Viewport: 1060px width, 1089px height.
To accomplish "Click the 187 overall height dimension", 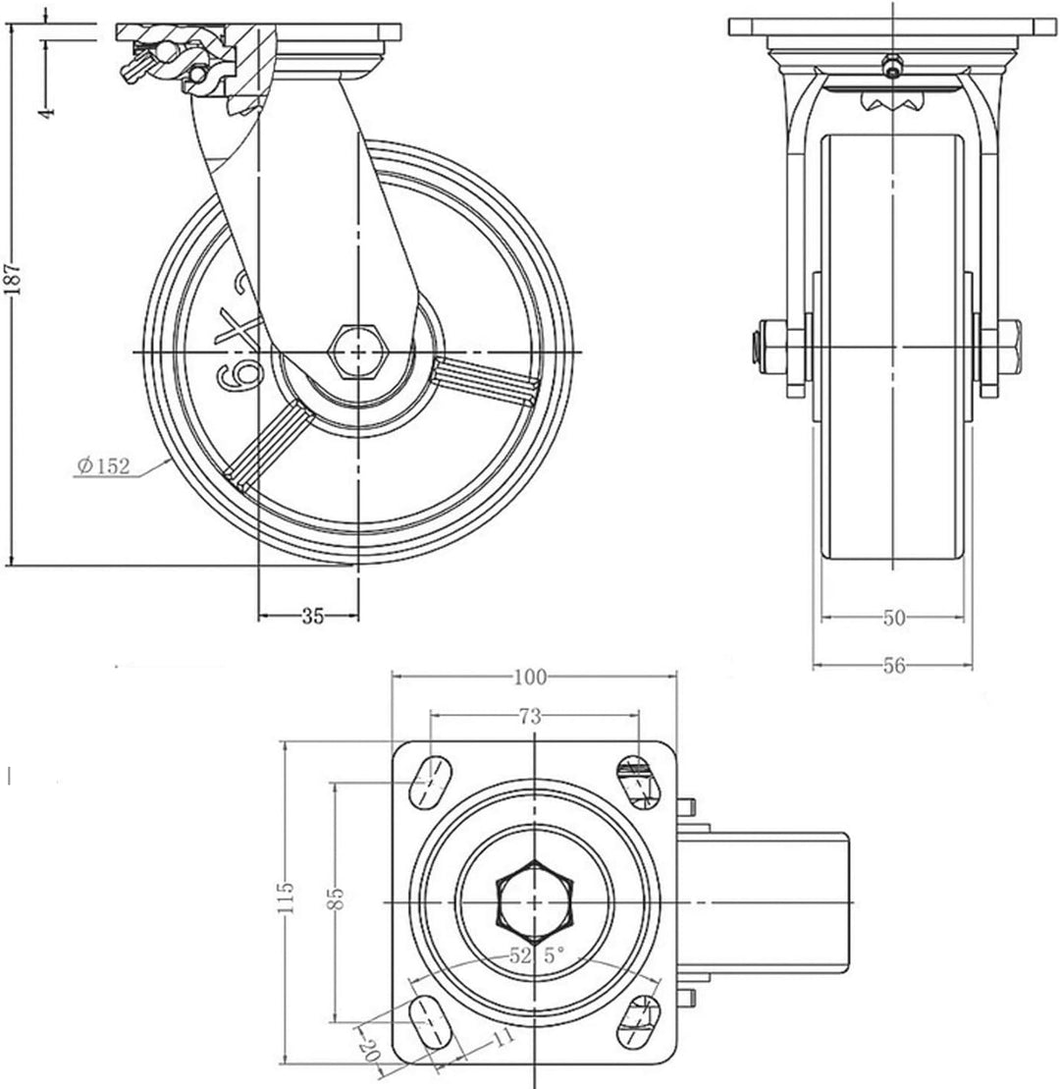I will tap(12, 281).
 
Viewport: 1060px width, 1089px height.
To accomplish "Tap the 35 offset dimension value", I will tap(312, 617).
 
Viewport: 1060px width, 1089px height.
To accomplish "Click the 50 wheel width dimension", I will tap(893, 618).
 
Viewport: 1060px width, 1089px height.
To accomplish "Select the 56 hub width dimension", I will tap(893, 666).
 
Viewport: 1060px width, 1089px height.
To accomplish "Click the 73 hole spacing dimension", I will tap(530, 717).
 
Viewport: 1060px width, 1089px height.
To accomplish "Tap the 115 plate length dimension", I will tap(285, 898).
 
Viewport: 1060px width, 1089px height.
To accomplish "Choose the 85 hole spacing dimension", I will tap(336, 898).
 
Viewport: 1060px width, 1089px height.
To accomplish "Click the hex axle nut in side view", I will tap(359, 352).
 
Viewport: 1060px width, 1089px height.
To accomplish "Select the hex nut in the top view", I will tap(534, 899).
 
